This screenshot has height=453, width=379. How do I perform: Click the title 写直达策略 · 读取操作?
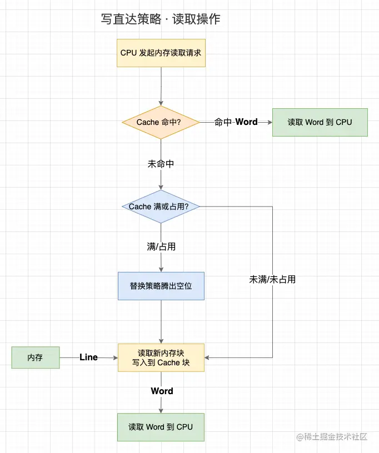[x=161, y=19]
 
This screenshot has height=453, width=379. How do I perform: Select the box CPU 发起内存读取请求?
[x=161, y=53]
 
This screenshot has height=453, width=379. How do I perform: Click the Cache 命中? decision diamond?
[x=161, y=122]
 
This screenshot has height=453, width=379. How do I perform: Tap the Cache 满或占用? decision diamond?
[x=161, y=207]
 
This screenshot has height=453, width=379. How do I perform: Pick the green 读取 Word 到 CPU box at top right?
[x=320, y=122]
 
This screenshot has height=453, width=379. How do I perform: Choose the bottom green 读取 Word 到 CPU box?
[x=161, y=427]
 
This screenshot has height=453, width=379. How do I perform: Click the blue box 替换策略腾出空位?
[x=161, y=286]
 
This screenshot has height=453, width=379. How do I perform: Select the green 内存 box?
[x=36, y=358]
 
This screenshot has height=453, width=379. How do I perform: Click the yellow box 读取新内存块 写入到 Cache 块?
[x=161, y=358]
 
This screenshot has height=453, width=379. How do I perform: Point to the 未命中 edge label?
[x=161, y=164]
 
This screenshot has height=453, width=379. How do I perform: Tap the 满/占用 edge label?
[x=161, y=246]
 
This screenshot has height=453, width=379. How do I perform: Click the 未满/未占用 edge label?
[x=272, y=279]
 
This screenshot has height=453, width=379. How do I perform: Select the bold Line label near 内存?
[x=88, y=358]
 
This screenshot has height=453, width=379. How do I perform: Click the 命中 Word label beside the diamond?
[x=236, y=122]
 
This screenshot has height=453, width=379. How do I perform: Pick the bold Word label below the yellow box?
[x=162, y=391]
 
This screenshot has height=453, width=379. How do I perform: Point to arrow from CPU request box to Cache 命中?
[x=161, y=86]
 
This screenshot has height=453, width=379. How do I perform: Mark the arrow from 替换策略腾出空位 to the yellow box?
[x=161, y=322]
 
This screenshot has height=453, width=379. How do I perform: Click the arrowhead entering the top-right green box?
[x=269, y=122]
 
